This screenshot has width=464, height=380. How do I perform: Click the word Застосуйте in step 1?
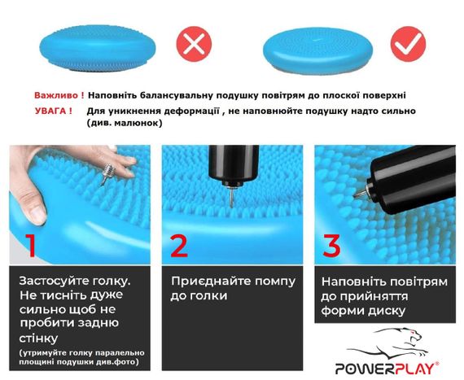click(53, 281)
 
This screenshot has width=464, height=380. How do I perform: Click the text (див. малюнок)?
click(124, 123)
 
